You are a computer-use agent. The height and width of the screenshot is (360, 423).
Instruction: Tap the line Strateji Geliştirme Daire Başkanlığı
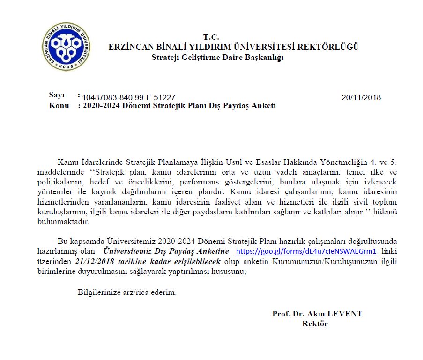click(x=218, y=57)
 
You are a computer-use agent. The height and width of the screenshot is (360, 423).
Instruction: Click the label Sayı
click(x=57, y=95)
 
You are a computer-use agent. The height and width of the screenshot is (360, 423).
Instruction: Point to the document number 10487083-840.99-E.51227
click(x=129, y=97)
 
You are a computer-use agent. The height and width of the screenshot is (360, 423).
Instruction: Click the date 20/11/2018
click(x=361, y=97)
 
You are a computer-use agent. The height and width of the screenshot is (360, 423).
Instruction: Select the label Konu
click(x=59, y=106)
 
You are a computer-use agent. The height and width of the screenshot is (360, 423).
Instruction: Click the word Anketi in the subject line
click(x=264, y=106)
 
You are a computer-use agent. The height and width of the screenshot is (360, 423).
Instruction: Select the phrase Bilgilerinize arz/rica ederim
click(x=127, y=293)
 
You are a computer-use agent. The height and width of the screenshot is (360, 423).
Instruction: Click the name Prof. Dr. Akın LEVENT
click(x=317, y=314)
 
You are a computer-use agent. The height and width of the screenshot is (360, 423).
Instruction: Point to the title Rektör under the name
click(x=315, y=323)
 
